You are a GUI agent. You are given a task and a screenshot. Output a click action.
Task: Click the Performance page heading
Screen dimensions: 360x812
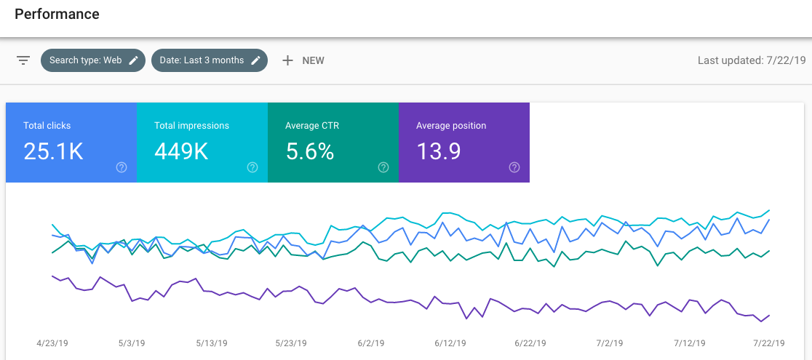57,14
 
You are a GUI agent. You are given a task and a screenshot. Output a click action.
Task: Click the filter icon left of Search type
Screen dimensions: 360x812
23,60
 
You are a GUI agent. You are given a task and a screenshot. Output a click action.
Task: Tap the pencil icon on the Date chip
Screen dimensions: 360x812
255,60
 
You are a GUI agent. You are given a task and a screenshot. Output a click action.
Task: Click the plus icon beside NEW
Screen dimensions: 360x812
287,60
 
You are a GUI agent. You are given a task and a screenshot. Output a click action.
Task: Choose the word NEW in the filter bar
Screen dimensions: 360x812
313,60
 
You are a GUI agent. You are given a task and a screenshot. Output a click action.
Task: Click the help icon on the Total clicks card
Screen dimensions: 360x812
122,167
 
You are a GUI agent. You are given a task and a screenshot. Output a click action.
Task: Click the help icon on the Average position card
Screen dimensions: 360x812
514,167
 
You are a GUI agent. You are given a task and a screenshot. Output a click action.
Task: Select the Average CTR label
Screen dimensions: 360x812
312,126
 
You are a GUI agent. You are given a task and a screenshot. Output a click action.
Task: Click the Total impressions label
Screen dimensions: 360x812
191,126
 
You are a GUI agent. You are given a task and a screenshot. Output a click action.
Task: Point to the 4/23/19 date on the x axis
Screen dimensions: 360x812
53,343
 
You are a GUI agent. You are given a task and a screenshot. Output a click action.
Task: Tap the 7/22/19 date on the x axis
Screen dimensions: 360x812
768,343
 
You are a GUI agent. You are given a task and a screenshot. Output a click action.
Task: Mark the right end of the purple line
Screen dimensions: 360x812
769,315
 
